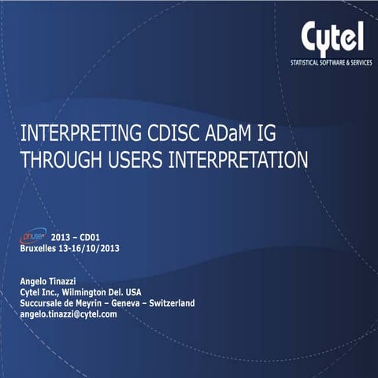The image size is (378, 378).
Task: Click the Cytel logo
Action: (332, 36)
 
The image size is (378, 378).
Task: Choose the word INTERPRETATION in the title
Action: (239, 159)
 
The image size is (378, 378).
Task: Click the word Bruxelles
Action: (43, 248)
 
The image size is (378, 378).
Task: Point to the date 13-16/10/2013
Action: (94, 248)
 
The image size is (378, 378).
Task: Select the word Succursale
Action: (43, 302)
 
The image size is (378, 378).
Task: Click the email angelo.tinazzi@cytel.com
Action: (69, 313)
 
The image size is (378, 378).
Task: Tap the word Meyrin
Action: (96, 302)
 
